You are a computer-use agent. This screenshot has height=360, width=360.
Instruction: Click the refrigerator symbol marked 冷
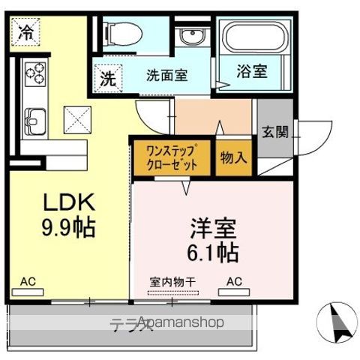tap(26, 32)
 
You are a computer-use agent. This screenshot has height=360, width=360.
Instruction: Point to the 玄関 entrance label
tap(274, 132)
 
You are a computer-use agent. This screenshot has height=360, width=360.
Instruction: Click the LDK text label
tap(67, 202)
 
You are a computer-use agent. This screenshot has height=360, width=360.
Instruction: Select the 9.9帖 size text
tap(67, 227)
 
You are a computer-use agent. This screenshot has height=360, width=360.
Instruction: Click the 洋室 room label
tap(211, 227)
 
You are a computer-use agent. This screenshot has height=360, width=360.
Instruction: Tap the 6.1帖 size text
tap(211, 252)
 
